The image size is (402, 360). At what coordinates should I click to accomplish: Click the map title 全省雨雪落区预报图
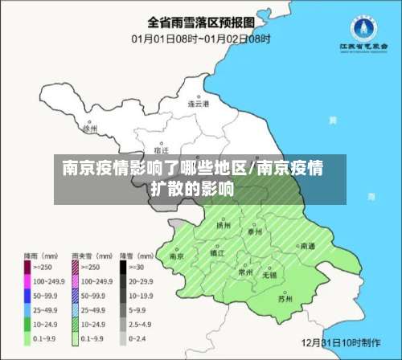tap(202, 22)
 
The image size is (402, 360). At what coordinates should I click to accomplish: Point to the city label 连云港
tap(198, 104)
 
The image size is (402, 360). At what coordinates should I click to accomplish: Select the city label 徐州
tap(90, 128)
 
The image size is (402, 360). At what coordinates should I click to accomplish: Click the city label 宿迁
tap(161, 150)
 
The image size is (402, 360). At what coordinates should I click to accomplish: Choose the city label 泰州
tap(255, 231)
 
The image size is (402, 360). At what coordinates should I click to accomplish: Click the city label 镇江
tap(216, 252)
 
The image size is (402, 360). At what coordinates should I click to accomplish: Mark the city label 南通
tap(307, 246)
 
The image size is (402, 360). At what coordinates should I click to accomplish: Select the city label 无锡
tap(269, 275)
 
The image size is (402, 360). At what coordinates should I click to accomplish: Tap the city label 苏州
tap(285, 299)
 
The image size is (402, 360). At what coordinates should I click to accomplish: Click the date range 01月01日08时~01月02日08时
tap(201, 38)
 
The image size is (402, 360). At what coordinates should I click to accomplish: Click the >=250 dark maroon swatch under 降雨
tap(26, 267)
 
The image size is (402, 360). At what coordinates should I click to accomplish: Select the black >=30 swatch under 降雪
tap(124, 267)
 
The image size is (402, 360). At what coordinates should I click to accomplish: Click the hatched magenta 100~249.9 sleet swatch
tap(75, 280)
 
